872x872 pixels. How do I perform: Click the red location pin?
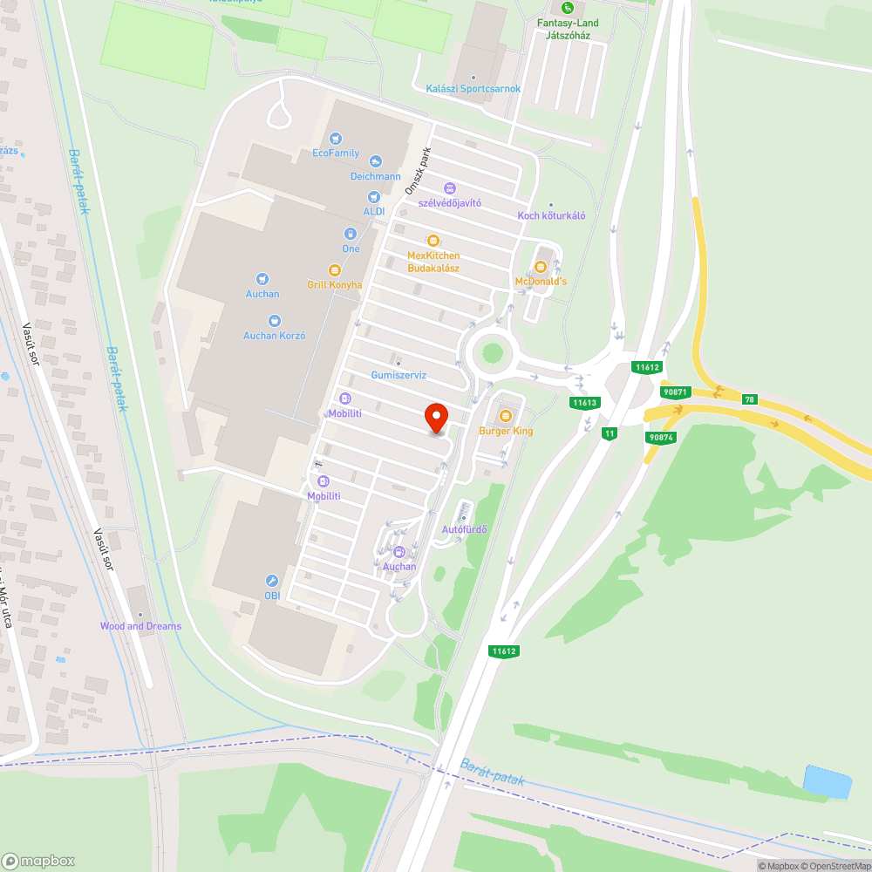click(x=436, y=418)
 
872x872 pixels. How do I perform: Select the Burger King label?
click(x=506, y=431)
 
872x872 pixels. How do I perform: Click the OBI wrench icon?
click(x=271, y=581)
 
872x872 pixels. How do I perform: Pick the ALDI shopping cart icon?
click(x=374, y=198)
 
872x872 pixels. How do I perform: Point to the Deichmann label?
click(x=375, y=175)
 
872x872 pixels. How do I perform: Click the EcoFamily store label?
click(x=336, y=153)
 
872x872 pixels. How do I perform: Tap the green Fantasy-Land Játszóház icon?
click(x=568, y=9)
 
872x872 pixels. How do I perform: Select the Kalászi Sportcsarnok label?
click(x=473, y=89)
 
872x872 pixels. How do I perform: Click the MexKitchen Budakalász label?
click(x=433, y=262)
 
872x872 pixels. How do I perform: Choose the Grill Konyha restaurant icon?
click(x=334, y=270)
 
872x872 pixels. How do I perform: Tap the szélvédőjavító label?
click(x=449, y=202)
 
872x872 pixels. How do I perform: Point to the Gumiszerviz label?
click(x=399, y=375)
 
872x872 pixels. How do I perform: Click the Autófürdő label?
click(x=464, y=529)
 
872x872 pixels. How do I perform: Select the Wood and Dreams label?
click(x=140, y=626)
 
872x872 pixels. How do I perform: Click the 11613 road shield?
click(x=584, y=402)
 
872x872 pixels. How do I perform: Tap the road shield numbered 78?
click(x=749, y=399)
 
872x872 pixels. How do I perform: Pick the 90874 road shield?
click(x=662, y=437)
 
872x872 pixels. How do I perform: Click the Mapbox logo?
click(x=39, y=860)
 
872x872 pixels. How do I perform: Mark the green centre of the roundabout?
click(x=493, y=353)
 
